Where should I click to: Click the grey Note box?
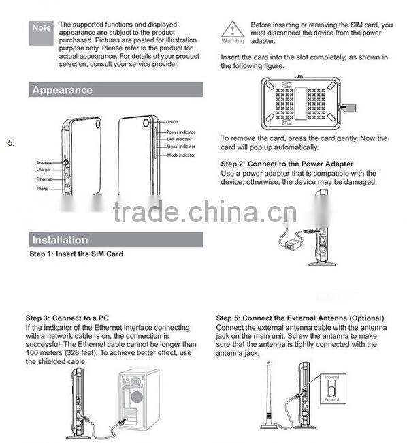tap(42, 27)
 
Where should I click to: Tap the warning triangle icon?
tap(232, 29)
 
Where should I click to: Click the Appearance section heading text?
tap(62, 90)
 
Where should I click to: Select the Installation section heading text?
tap(60, 240)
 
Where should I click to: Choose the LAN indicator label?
tap(179, 139)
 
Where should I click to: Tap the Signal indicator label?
tap(181, 147)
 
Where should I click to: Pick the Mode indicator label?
tap(180, 155)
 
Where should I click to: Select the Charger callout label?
tap(44, 170)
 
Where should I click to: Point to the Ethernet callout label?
tap(44, 179)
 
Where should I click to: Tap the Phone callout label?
tap(42, 187)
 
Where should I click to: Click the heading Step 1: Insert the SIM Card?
tap(76, 254)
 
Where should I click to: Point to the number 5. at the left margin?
tap(11, 143)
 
